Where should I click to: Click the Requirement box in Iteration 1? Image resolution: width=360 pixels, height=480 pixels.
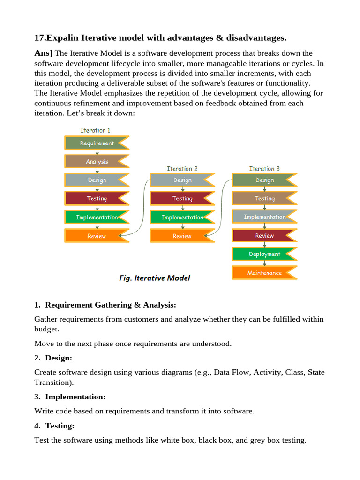point(97,143)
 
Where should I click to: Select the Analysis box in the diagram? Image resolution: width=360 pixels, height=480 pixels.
point(97,162)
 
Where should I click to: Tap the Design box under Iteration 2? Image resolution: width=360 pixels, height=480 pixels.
point(182,180)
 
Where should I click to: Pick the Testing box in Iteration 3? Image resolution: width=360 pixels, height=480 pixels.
point(264,198)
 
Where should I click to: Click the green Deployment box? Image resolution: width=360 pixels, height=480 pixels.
point(264,254)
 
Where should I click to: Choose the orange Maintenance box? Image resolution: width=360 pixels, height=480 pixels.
point(264,273)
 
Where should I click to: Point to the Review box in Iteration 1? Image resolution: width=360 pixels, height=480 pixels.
point(97,236)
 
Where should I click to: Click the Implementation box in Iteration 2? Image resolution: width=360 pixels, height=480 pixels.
point(182,217)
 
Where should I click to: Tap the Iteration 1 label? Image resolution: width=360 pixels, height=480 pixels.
point(96,130)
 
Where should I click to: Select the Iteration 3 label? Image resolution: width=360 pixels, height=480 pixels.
point(264,169)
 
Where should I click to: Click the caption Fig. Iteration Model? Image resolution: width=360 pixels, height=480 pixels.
point(155,278)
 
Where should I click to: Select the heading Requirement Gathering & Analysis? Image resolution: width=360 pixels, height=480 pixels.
point(111,305)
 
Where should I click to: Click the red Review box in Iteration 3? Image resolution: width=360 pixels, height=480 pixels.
point(264,236)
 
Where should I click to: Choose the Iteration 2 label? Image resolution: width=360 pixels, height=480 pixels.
point(182,169)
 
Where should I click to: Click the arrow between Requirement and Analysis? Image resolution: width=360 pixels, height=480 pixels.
point(97,152)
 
